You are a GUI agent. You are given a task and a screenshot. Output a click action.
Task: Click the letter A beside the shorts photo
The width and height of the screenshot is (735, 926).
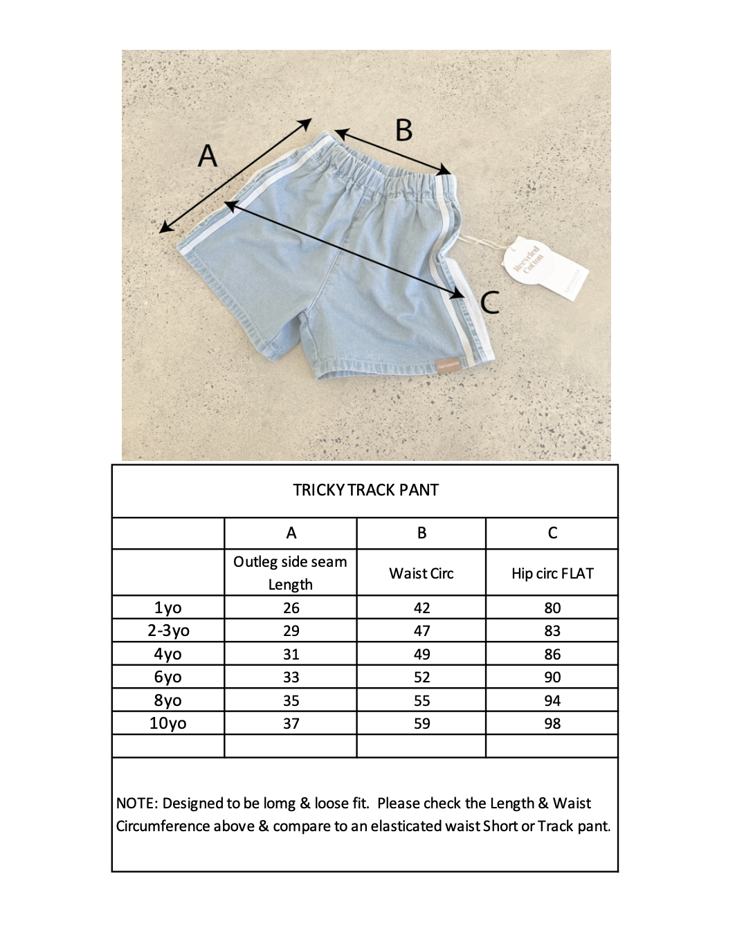tap(208, 156)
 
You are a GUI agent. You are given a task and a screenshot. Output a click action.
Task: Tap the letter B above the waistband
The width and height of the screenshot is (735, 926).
tap(403, 130)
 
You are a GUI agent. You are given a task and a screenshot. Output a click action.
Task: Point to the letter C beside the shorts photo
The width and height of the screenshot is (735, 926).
tap(490, 302)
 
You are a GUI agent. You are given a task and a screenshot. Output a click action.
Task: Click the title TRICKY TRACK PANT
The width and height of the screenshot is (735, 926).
tap(365, 490)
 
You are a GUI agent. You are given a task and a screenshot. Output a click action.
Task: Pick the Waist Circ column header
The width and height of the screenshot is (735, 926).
tap(421, 573)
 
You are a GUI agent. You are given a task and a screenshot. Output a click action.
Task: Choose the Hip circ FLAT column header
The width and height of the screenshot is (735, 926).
tap(552, 573)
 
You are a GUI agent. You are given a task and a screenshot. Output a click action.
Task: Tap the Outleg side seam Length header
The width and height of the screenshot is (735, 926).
tap(291, 573)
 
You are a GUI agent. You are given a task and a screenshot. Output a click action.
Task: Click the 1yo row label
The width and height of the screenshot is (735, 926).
tap(167, 608)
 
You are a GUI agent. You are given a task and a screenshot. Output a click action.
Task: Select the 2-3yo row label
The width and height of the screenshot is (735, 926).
tap(168, 630)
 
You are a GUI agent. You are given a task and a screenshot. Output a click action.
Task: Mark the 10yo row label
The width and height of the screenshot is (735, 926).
tap(167, 723)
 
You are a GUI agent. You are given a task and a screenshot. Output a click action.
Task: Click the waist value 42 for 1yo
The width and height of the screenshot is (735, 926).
tap(421, 608)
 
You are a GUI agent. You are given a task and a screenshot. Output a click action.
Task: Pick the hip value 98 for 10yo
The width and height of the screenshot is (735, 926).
tap(552, 723)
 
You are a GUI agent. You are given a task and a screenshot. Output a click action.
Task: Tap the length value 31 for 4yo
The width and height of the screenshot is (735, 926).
tap(291, 654)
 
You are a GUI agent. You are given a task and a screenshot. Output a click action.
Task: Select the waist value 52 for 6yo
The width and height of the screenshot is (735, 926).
tap(421, 677)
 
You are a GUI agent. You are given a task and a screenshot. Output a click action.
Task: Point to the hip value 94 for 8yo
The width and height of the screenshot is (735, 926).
tap(552, 700)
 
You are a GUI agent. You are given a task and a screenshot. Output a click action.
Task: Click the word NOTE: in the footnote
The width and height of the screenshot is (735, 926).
tap(137, 804)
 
